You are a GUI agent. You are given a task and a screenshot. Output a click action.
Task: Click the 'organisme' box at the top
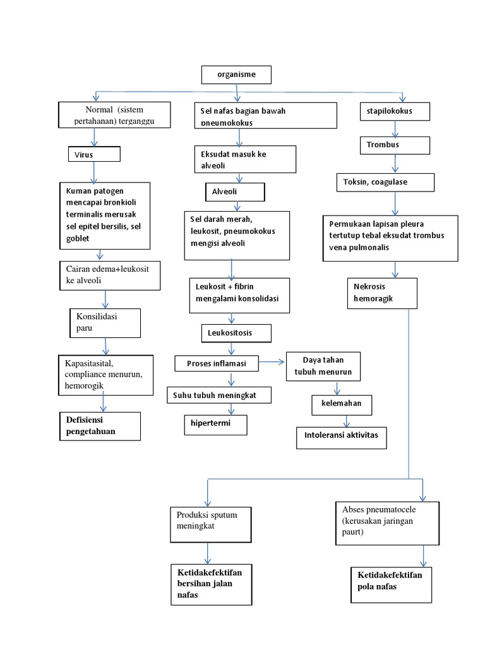click(x=237, y=75)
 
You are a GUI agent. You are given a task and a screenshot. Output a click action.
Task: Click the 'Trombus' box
click(x=395, y=145)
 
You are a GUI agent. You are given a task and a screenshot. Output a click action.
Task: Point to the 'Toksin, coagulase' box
click(x=385, y=182)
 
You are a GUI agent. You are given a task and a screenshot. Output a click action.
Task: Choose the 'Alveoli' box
click(x=234, y=191)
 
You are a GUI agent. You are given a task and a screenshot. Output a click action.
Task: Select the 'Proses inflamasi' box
click(x=218, y=363)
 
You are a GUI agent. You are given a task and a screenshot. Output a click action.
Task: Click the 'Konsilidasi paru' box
click(x=105, y=322)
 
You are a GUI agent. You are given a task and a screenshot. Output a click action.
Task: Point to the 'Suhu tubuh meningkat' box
click(x=220, y=396)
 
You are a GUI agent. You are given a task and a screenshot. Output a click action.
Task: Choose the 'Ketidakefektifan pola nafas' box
click(x=391, y=584)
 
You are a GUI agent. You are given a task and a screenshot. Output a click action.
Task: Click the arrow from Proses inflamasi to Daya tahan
click(x=273, y=362)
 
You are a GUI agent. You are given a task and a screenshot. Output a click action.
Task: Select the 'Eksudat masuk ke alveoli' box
click(x=244, y=159)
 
